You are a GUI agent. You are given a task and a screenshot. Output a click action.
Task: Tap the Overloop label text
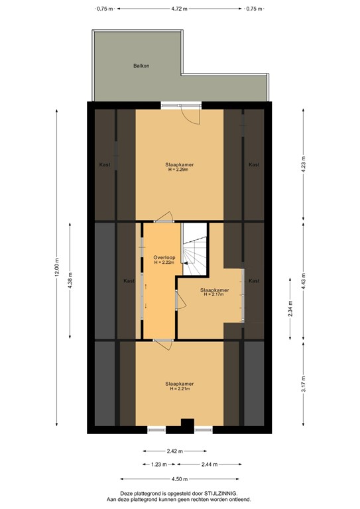163,256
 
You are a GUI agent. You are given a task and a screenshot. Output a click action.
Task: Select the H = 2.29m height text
180,170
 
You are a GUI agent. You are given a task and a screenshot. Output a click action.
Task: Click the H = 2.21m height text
180,388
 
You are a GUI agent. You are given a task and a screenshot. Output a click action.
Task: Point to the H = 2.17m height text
213,295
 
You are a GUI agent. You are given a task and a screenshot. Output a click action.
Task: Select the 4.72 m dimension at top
178,9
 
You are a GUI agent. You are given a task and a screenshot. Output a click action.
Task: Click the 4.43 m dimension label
304,279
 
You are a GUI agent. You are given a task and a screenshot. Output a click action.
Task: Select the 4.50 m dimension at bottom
179,479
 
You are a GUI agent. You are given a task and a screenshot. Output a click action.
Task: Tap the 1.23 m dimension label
157,465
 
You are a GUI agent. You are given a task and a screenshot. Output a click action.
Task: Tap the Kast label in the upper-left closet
105,164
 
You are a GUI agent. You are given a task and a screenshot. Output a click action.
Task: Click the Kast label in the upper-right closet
253,164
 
